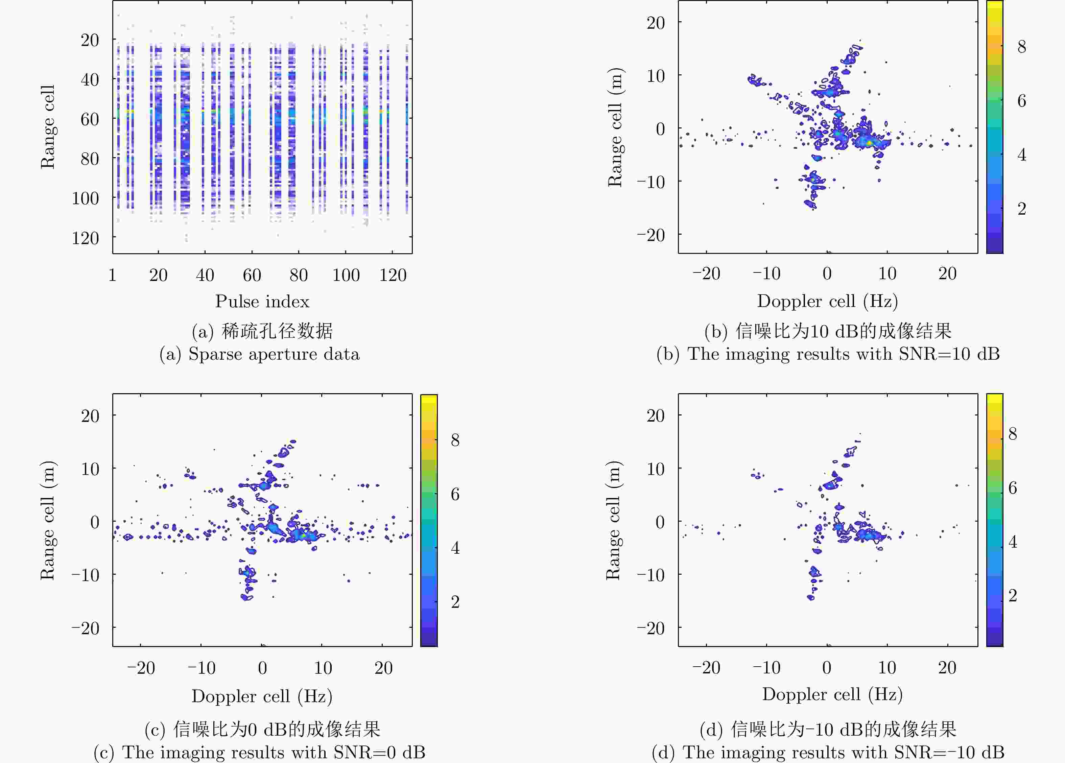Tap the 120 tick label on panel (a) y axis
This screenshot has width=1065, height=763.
[x=86, y=238]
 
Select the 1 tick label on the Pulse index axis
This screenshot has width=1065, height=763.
[x=112, y=275]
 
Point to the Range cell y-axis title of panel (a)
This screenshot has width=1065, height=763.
[x=47, y=127]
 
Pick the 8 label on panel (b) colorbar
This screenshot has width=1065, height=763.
[x=1022, y=47]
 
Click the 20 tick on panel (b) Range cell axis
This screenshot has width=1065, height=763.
[x=656, y=23]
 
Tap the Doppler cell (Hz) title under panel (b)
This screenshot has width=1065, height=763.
[x=827, y=301]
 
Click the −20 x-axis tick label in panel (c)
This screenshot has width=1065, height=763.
[x=141, y=668]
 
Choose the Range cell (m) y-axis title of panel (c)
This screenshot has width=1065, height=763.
[x=47, y=520]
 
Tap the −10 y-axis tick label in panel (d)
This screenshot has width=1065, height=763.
[x=651, y=575]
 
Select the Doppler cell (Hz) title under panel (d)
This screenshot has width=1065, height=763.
[x=832, y=694]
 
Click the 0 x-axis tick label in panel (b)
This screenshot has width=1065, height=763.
[x=827, y=273]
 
